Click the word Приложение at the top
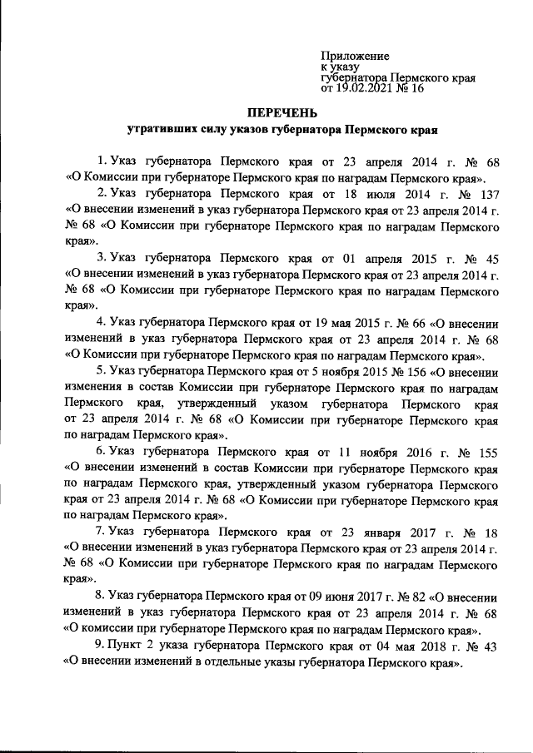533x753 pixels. (x=355, y=56)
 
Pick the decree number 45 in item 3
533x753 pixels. (x=491, y=259)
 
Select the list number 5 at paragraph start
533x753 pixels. (x=100, y=372)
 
